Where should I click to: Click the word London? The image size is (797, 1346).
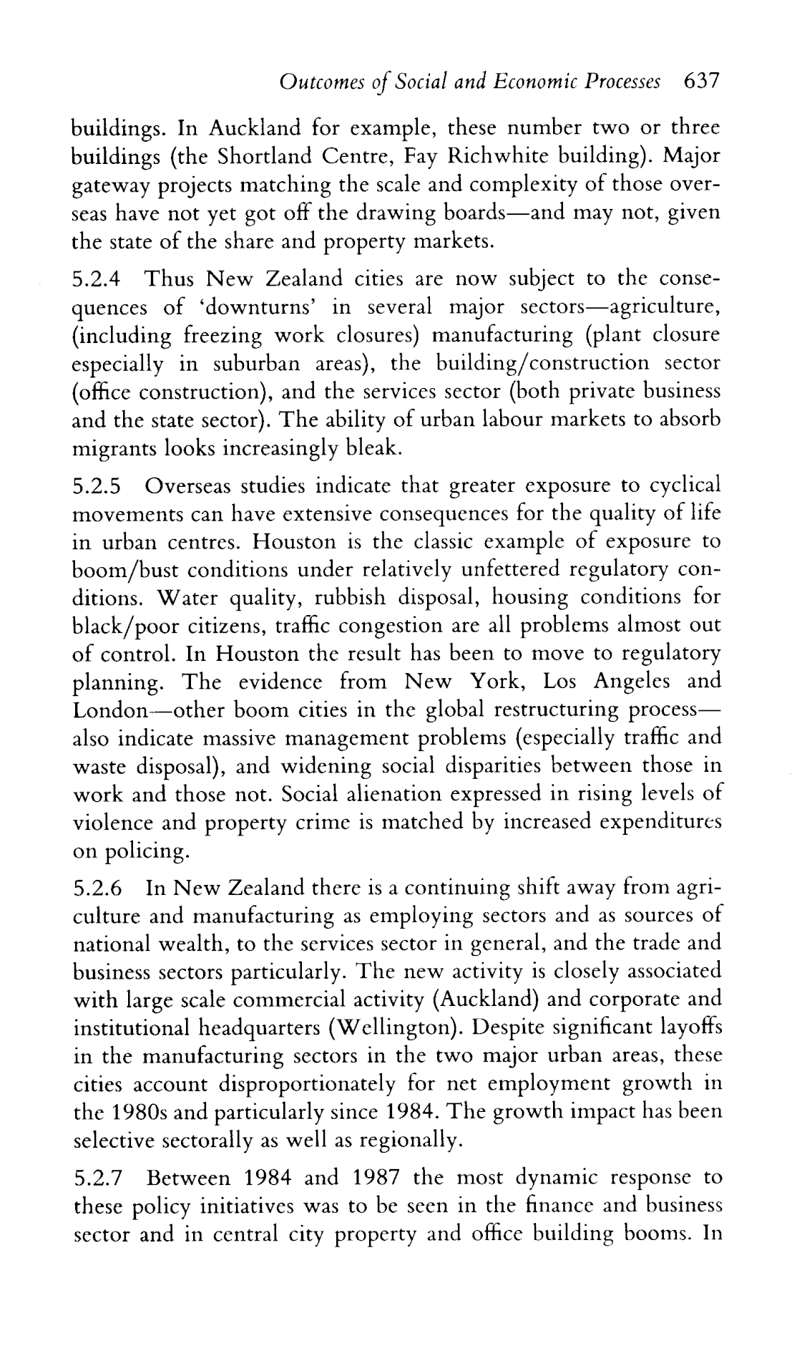(x=109, y=711)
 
